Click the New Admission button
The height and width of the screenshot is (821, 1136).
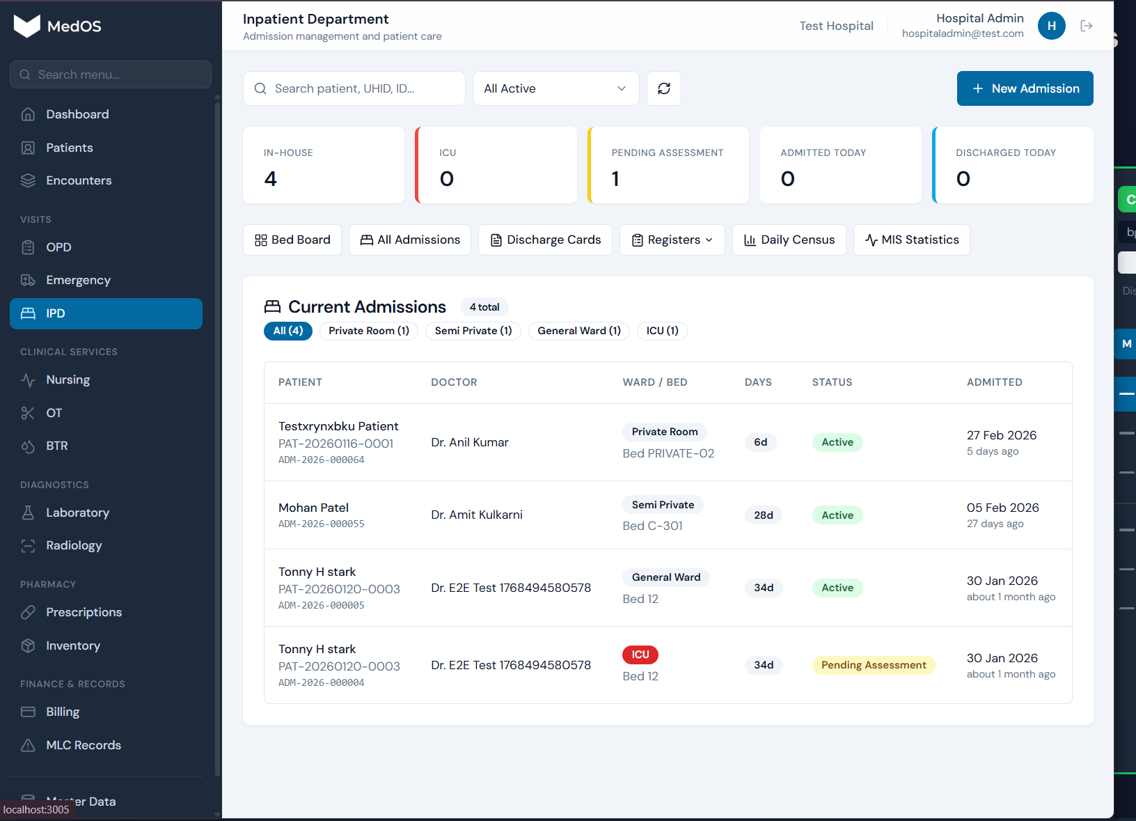[1025, 88]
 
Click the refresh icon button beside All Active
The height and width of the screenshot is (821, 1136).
[663, 88]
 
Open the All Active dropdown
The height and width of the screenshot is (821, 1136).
[555, 88]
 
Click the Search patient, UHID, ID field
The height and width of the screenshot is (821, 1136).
[354, 88]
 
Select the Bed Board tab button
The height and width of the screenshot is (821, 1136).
[292, 240]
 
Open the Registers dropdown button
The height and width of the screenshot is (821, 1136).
[672, 240]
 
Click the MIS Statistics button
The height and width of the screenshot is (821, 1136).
[911, 240]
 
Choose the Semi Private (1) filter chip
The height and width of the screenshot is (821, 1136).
[473, 331]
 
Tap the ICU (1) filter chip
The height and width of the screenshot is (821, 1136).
[661, 331]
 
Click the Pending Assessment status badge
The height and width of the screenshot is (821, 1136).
[873, 665]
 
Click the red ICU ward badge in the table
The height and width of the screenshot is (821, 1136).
[640, 655]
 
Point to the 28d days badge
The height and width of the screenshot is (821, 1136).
[763, 515]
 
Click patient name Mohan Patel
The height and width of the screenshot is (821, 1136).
[313, 508]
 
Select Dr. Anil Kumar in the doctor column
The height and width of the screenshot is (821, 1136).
[469, 442]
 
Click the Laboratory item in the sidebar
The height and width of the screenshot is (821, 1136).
[77, 513]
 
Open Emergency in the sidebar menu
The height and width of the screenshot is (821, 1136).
[78, 280]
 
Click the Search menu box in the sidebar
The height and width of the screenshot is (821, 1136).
[111, 75]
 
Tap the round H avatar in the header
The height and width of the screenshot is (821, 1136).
[1051, 26]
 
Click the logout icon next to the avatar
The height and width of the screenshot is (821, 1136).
[1086, 26]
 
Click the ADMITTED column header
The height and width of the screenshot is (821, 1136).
[994, 382]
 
